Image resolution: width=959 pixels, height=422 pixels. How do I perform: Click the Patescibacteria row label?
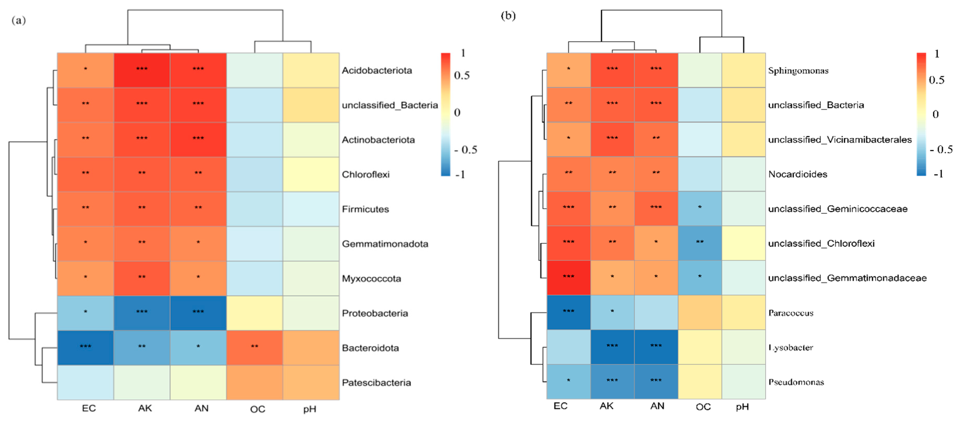(376, 383)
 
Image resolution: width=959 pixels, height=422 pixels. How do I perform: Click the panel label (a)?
(19, 20)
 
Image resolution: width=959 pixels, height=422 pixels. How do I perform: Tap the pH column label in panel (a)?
(309, 409)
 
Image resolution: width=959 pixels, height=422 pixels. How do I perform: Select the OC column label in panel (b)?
(703, 407)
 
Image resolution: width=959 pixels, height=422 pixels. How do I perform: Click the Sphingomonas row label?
(798, 70)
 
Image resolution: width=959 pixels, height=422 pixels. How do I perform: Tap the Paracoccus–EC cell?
(568, 312)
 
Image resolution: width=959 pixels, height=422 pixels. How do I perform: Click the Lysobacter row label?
(791, 348)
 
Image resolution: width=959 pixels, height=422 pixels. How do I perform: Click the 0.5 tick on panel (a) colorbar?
(461, 76)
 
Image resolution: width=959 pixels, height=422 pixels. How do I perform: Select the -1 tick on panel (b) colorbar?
(938, 174)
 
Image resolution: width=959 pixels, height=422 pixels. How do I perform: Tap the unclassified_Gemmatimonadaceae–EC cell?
(568, 278)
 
